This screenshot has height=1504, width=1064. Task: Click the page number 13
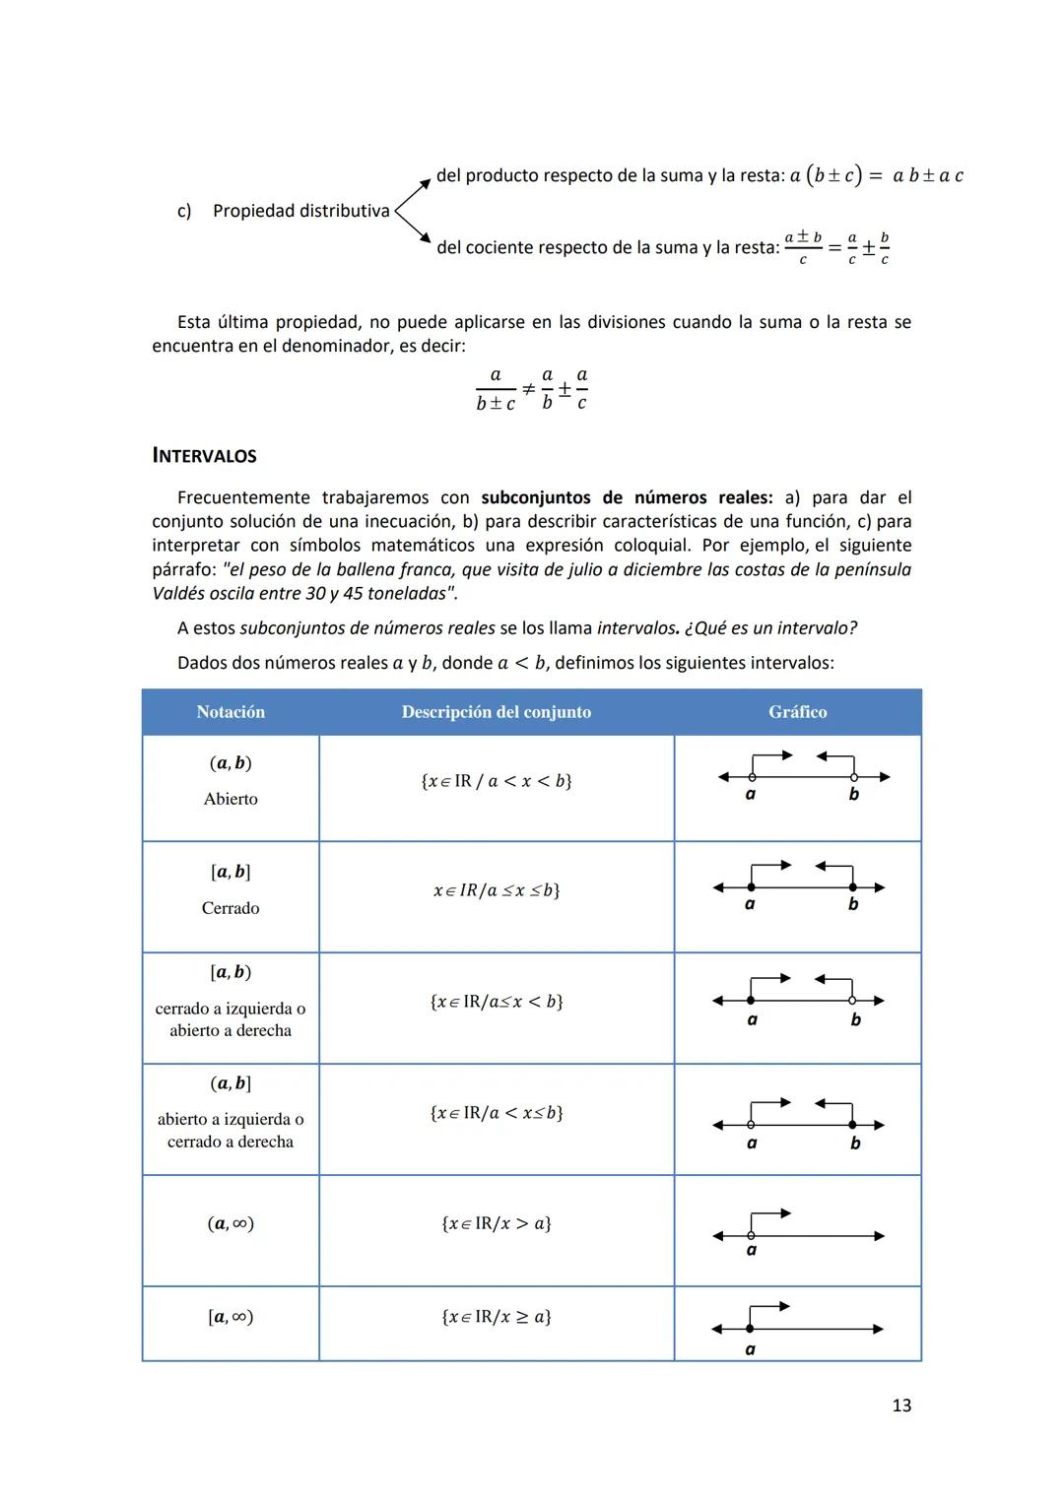(x=900, y=1406)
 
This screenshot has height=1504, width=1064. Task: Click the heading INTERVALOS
(x=204, y=456)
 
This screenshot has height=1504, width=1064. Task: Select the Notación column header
(x=231, y=712)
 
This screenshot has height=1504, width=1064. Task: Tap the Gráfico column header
(x=797, y=712)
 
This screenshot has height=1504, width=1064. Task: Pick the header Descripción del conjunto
(x=496, y=712)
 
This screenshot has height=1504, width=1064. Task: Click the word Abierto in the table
(x=231, y=799)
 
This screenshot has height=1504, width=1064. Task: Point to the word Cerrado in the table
(x=231, y=908)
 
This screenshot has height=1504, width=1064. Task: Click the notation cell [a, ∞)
(x=231, y=1317)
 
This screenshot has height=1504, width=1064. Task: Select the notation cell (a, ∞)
(x=231, y=1223)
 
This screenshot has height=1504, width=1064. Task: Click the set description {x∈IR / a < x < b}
(x=496, y=781)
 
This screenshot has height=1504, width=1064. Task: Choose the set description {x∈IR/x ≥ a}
(x=496, y=1317)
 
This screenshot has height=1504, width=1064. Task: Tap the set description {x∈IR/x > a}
(x=496, y=1223)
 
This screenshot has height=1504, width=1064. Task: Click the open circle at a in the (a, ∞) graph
(x=751, y=1235)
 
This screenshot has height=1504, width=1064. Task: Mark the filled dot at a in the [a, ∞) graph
(x=750, y=1329)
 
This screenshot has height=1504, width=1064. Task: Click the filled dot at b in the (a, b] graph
(x=853, y=1125)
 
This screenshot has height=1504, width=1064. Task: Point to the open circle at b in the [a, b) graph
(x=854, y=1001)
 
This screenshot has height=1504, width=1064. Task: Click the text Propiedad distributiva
(x=300, y=211)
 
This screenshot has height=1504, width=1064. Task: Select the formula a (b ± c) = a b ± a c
(x=876, y=176)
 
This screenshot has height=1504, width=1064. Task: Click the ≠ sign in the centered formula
(x=528, y=389)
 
